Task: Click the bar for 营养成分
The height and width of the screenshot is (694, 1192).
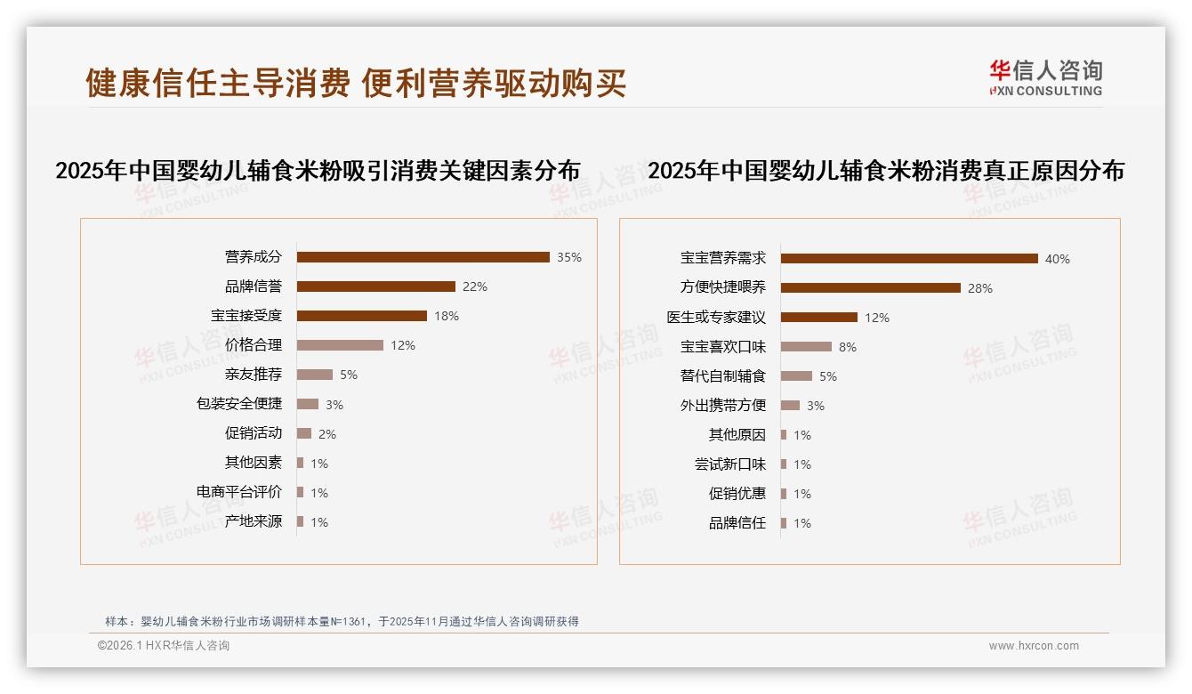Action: click(423, 257)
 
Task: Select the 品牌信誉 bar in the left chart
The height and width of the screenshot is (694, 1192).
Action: click(375, 286)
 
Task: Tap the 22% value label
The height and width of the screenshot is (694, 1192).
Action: click(475, 286)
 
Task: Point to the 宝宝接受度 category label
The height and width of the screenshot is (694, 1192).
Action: click(246, 316)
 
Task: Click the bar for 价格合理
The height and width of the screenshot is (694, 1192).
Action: click(340, 345)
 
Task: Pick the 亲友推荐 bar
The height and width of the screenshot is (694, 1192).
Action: click(314, 375)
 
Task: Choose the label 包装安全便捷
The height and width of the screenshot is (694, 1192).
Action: click(239, 404)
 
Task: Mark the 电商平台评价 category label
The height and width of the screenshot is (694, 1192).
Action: click(239, 492)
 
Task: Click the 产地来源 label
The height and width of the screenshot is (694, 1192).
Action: click(254, 521)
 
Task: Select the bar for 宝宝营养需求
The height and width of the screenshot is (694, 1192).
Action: click(909, 259)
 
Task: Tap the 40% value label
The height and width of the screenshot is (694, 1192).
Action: click(1058, 259)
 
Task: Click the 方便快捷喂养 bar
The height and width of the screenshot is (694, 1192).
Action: click(870, 288)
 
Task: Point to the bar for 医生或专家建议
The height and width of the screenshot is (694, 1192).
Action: click(818, 318)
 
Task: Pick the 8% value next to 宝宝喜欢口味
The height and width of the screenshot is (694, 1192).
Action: click(848, 347)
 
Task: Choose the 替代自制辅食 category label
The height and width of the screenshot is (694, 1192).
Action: click(723, 376)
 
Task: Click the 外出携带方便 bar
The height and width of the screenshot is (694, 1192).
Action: click(790, 406)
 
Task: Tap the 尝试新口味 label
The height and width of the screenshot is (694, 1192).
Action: click(730, 464)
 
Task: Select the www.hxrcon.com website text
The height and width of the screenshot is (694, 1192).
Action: click(1034, 646)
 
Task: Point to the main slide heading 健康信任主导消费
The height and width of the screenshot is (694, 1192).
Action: click(218, 83)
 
